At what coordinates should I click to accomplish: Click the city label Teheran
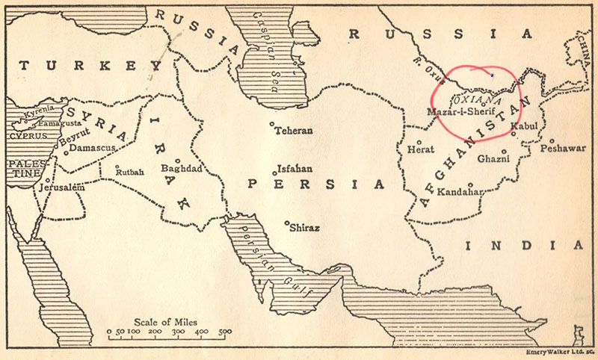tap(294, 131)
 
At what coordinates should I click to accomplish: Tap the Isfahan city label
tap(295, 169)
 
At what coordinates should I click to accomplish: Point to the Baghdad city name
tap(182, 169)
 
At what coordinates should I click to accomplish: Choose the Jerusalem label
tap(61, 188)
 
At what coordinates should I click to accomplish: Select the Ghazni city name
tap(493, 158)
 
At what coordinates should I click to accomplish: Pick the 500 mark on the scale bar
tap(224, 331)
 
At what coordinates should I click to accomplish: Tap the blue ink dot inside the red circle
tap(491, 75)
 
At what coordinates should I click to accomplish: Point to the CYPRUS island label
tap(27, 137)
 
